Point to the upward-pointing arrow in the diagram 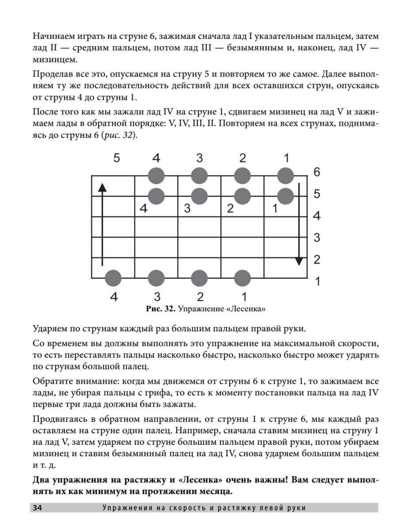(102, 225)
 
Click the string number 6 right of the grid (317, 173)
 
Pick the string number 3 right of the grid (317, 238)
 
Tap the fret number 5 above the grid (116, 158)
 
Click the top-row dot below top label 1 (286, 175)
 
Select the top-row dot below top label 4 (156, 175)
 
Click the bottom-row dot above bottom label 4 (114, 278)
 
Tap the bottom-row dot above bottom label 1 (242, 278)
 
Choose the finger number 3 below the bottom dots (157, 296)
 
